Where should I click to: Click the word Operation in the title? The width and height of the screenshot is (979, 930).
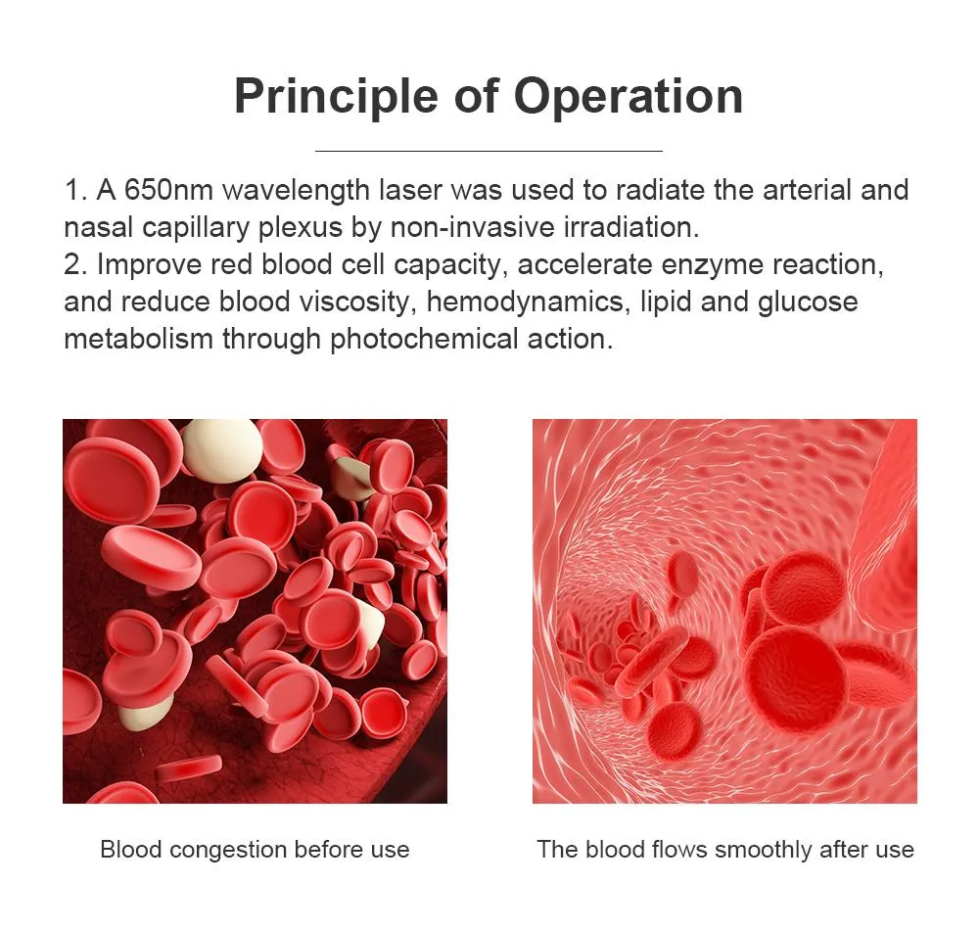629,96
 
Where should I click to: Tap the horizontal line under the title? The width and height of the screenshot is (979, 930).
489,151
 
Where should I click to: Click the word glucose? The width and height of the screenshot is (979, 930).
808,302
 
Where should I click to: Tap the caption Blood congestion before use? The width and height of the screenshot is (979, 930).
255,849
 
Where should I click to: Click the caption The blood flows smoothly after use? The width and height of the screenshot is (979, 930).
724,849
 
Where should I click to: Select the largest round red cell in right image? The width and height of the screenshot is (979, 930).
795,675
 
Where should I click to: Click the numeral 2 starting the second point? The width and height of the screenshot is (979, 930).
71,264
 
